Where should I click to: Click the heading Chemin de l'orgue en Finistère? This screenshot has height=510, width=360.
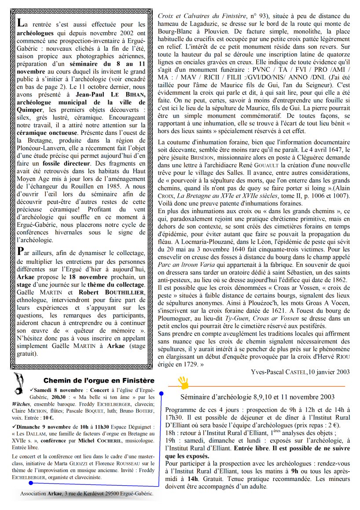pyautogui.click(x=99, y=381)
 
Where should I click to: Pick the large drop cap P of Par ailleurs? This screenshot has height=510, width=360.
pyautogui.click(x=20, y=251)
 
